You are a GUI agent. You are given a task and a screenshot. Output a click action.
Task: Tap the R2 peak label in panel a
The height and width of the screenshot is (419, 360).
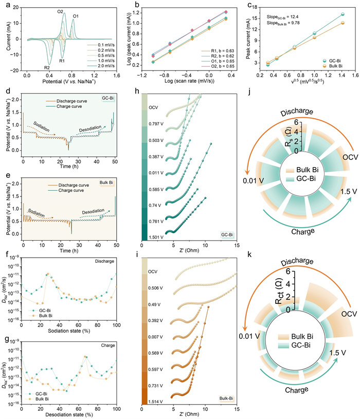47,67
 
